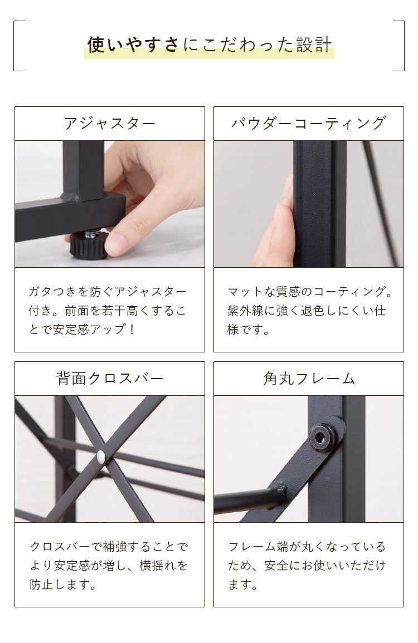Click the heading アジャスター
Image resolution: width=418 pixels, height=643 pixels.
click(x=109, y=124)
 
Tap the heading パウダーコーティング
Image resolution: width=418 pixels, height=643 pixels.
click(x=308, y=124)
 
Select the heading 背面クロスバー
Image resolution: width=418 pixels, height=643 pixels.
click(x=109, y=379)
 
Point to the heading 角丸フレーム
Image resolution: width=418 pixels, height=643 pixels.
click(x=308, y=379)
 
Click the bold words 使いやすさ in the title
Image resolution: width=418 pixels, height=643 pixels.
click(x=134, y=45)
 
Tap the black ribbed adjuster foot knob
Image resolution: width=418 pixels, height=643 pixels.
click(x=88, y=247)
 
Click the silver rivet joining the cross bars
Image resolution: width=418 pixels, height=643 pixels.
click(x=101, y=457)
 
